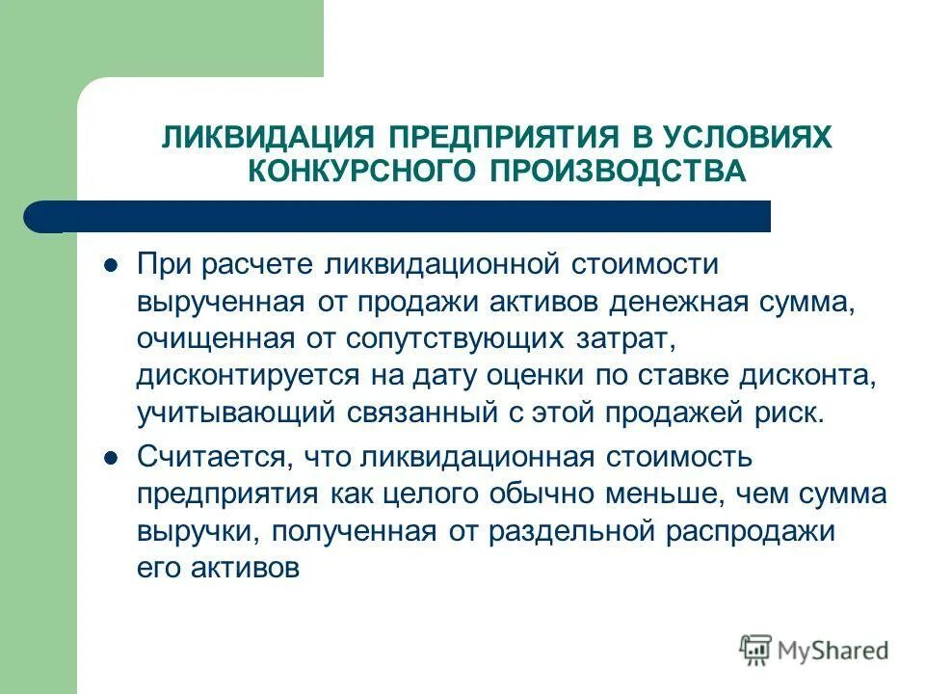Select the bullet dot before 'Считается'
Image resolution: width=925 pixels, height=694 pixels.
click(110, 457)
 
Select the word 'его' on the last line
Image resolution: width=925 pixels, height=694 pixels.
click(157, 568)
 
